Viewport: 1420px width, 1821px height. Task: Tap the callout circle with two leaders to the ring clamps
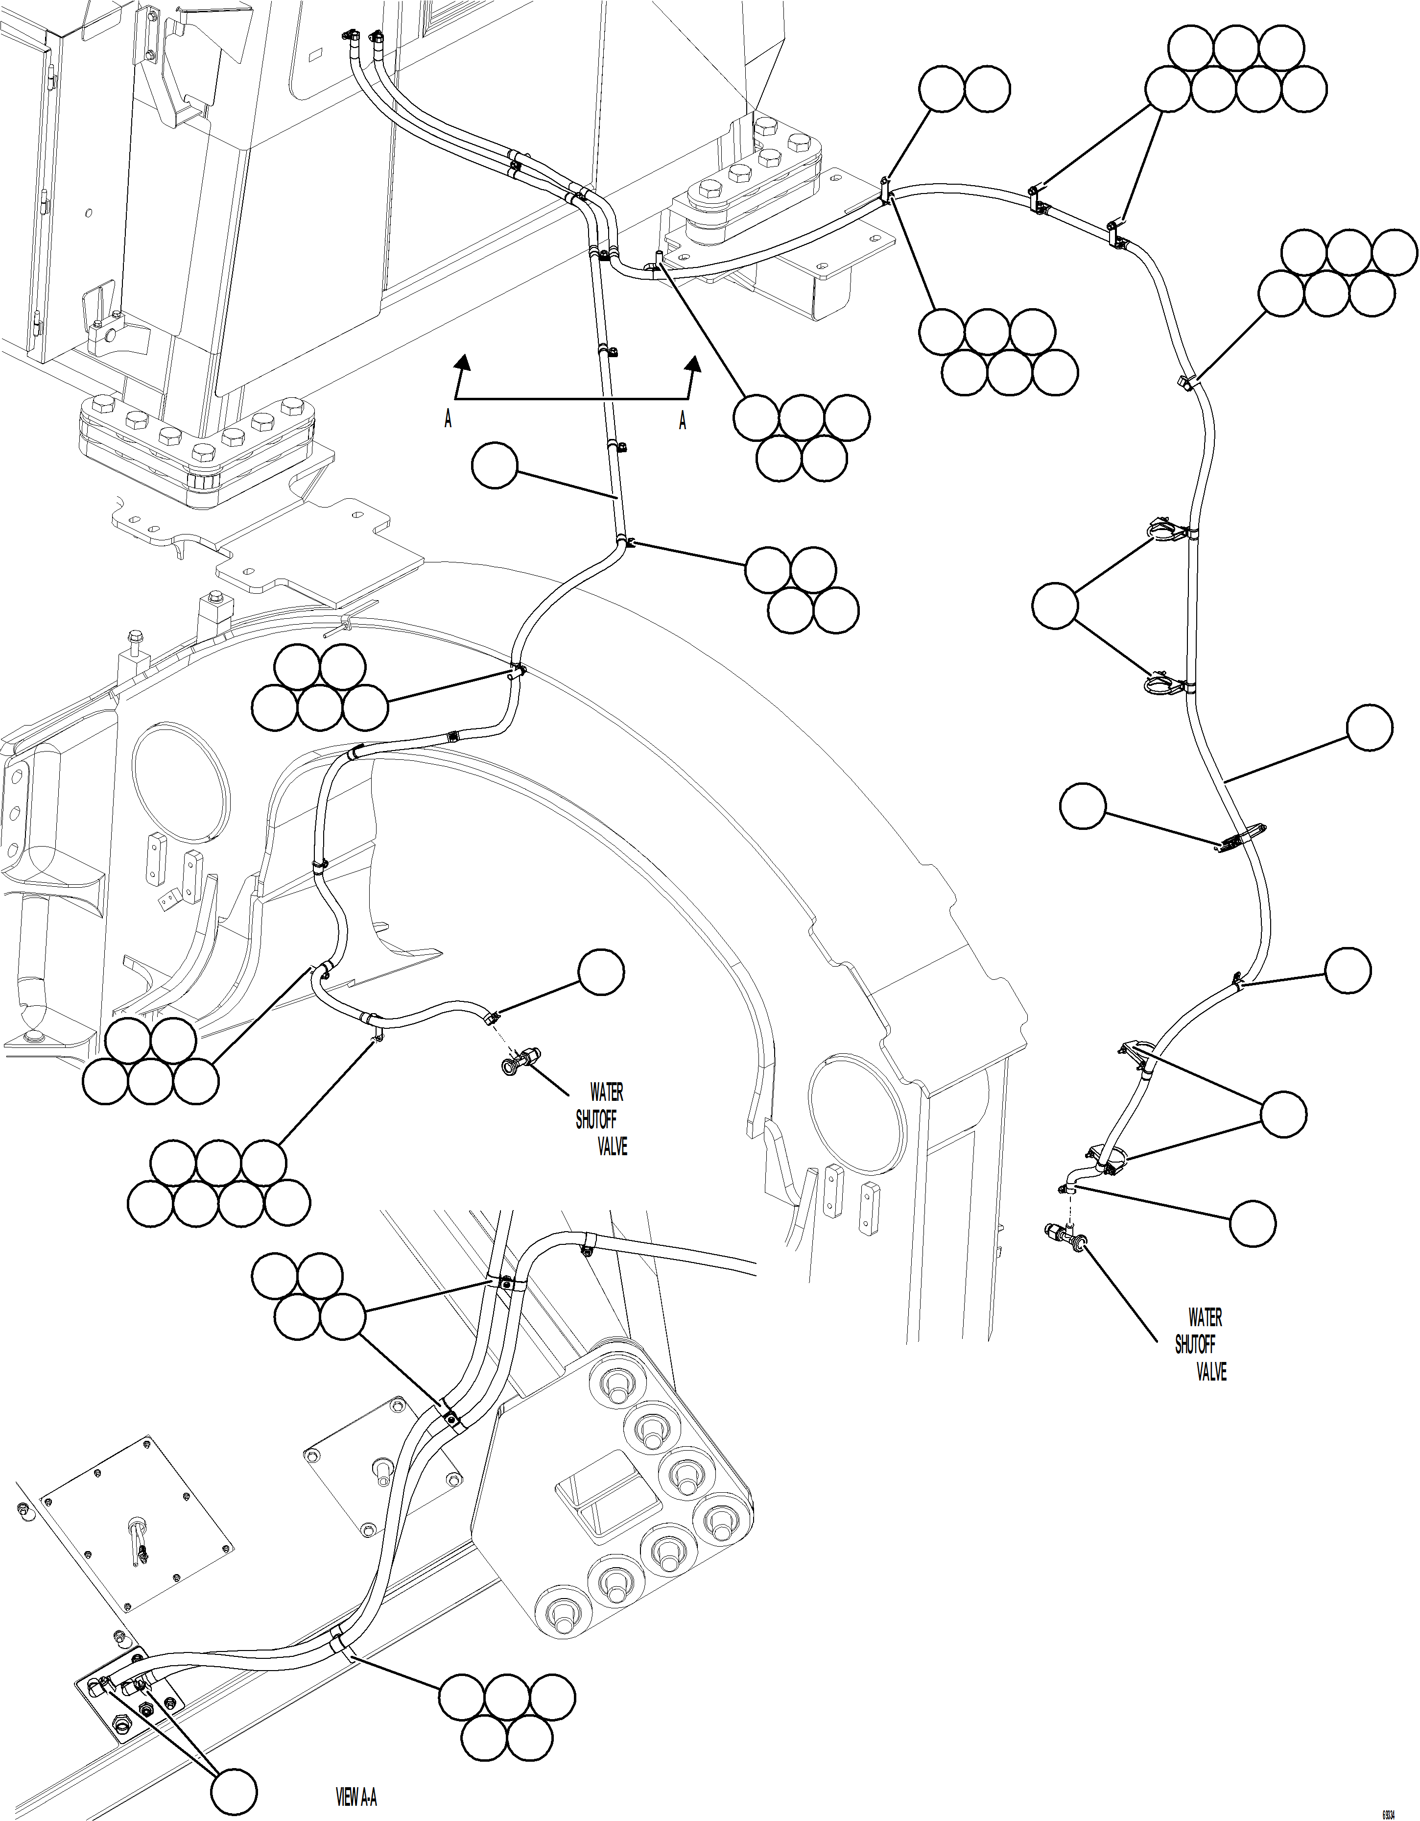[x=1054, y=606]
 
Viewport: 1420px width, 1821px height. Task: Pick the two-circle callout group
[x=965, y=88]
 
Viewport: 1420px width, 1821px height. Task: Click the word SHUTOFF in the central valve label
[x=596, y=1120]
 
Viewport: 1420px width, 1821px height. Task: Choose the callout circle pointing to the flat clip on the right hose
[x=1083, y=805]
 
